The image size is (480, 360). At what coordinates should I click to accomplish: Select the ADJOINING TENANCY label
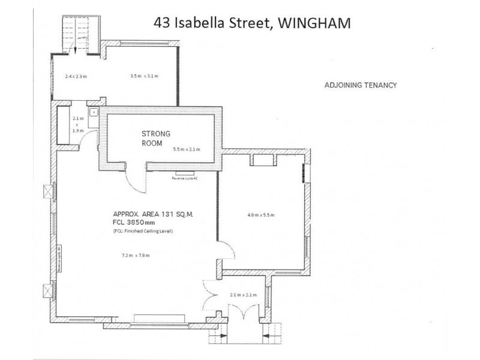[360, 85]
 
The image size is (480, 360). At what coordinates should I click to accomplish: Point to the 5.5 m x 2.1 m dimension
[186, 149]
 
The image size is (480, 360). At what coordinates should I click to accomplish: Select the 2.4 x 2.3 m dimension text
[76, 76]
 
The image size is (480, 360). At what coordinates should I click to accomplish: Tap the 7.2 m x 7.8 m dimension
[135, 256]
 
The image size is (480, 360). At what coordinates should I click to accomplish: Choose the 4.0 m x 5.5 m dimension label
[261, 214]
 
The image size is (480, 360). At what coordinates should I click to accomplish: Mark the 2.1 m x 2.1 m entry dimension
[243, 295]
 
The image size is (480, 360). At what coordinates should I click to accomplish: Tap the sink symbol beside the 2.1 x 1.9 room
[93, 112]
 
